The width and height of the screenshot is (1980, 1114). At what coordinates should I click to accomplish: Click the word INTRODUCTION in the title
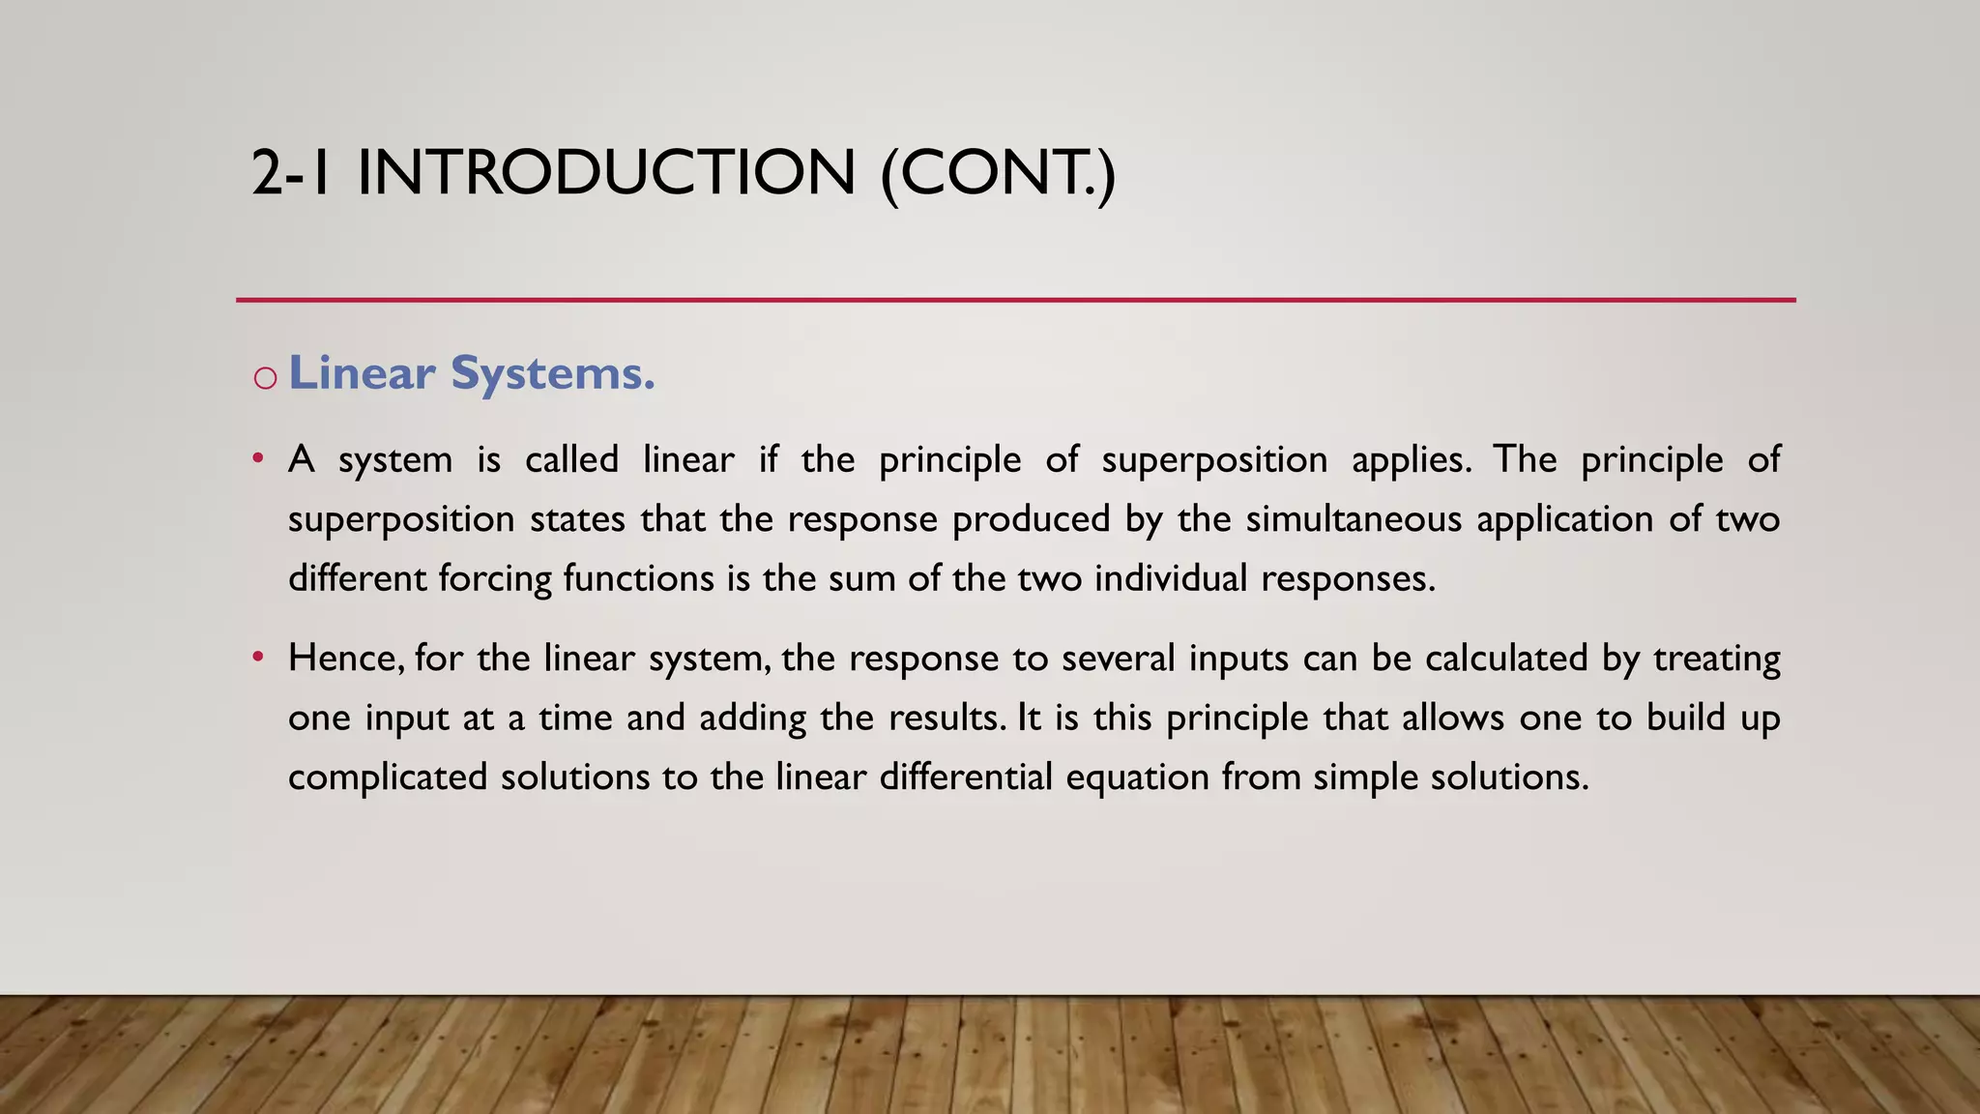tap(606, 173)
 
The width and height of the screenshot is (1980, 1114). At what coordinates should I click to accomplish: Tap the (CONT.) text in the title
tap(998, 173)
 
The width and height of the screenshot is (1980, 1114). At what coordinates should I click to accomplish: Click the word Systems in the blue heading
tap(553, 373)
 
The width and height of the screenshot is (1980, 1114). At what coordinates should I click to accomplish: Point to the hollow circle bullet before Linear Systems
tap(265, 377)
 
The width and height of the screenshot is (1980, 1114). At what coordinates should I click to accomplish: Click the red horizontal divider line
tap(1015, 300)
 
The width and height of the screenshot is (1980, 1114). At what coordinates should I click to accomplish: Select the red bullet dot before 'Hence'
tap(257, 657)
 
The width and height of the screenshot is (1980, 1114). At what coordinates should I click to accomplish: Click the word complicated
tap(388, 777)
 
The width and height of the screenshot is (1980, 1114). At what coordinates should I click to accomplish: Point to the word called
tap(571, 459)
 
